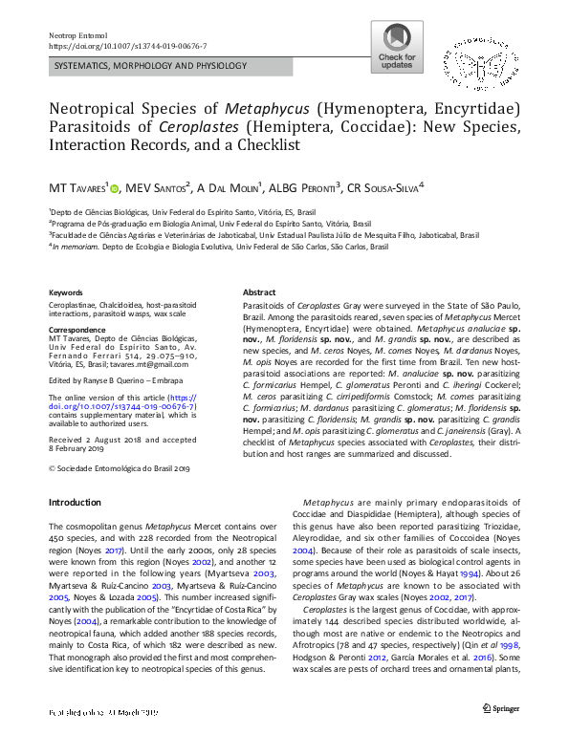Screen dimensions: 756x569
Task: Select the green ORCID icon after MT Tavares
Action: pos(114,187)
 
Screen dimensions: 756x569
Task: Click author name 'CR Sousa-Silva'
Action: pos(384,187)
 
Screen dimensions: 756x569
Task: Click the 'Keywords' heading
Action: pos(66,292)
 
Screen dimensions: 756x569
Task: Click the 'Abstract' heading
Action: pos(259,292)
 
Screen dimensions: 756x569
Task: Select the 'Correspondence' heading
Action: pos(77,329)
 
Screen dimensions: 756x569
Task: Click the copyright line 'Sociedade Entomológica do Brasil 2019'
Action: pos(124,467)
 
